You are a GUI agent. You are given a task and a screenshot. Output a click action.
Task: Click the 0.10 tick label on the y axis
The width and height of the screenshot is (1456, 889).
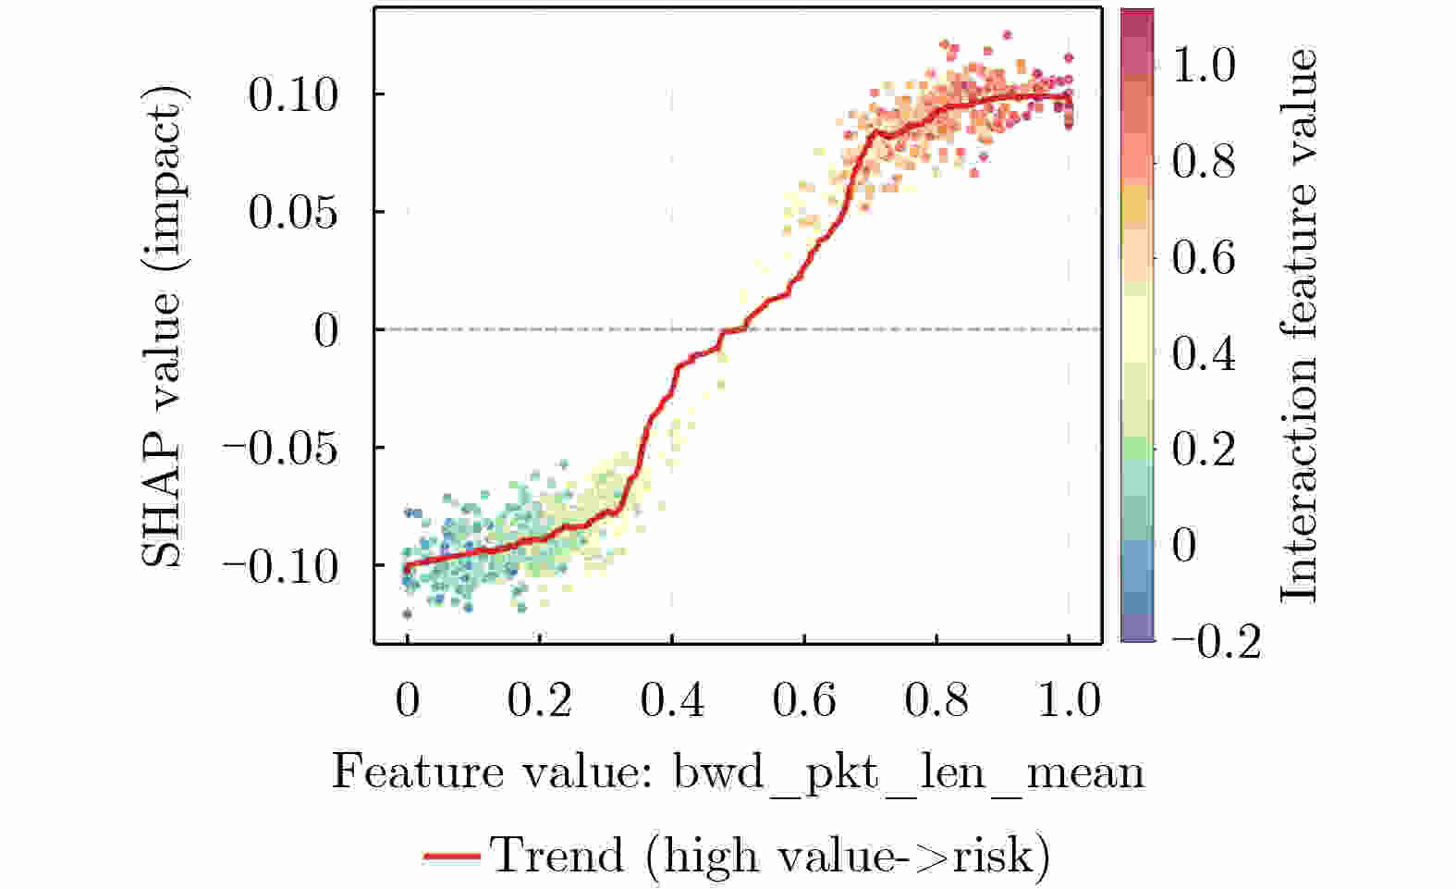[x=293, y=95]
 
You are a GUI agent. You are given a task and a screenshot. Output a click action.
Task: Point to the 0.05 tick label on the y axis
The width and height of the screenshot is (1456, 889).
[x=293, y=213]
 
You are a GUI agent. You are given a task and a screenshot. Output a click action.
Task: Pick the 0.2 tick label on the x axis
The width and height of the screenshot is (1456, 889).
[x=540, y=700]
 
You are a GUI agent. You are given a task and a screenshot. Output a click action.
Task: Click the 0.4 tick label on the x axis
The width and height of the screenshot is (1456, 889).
[x=672, y=700]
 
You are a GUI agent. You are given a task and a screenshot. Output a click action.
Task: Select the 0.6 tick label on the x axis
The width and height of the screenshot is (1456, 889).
[x=804, y=700]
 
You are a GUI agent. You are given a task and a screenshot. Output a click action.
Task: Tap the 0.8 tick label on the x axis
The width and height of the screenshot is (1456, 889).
[x=936, y=700]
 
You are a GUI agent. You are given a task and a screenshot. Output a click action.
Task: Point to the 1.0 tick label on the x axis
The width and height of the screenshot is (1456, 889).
[x=1069, y=700]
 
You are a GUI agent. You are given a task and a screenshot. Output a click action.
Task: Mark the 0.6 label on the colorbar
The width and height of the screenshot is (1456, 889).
[x=1204, y=257]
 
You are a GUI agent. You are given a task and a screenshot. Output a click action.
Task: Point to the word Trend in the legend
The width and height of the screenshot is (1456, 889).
[x=557, y=855]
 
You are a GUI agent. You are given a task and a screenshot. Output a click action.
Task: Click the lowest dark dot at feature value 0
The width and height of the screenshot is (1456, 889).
[x=407, y=613]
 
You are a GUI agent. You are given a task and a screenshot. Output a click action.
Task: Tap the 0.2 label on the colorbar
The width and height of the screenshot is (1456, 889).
[x=1204, y=449]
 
